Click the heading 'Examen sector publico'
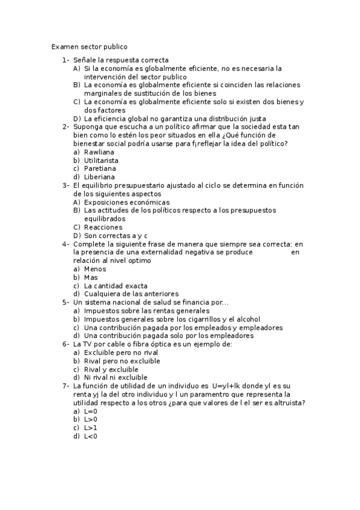(89, 46)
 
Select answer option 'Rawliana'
(99, 152)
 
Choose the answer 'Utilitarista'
(101, 161)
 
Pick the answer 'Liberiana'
(100, 177)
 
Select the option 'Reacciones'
(103, 227)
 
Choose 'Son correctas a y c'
(116, 236)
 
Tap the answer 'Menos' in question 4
(95, 269)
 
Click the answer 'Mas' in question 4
(91, 277)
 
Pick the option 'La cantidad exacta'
(116, 286)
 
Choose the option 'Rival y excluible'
(111, 369)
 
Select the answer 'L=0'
(91, 411)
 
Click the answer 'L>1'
(91, 428)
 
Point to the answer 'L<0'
(91, 436)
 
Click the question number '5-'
(66, 303)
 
